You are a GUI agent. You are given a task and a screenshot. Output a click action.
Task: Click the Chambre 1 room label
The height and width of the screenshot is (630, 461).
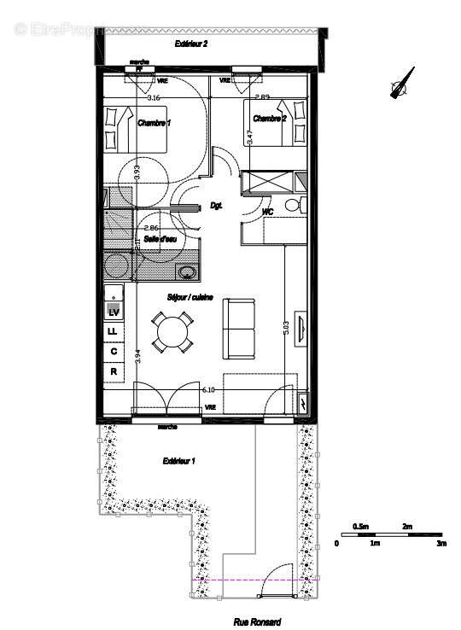[154, 123]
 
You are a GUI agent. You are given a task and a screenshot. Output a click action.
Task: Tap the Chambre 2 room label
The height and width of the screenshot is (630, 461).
[270, 119]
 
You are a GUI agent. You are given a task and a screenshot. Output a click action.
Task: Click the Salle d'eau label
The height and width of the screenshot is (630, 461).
[160, 239]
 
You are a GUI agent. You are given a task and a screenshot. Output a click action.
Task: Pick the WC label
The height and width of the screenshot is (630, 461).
[267, 210]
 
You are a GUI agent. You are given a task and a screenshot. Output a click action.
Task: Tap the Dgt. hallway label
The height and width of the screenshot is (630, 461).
[216, 206]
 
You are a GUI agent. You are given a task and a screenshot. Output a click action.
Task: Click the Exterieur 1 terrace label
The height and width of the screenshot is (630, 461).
[179, 461]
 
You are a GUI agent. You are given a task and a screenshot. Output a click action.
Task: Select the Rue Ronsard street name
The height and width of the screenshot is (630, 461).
[258, 623]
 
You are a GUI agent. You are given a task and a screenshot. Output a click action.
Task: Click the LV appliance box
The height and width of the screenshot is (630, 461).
[113, 312]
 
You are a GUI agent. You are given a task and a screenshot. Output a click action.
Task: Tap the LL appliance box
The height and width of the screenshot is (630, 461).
[113, 331]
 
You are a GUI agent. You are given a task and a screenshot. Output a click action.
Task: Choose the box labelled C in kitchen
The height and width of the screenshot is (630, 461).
[113, 351]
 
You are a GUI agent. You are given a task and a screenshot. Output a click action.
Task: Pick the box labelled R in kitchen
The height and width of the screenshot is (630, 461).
[113, 371]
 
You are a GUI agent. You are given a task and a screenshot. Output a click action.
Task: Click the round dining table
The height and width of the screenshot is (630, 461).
[172, 331]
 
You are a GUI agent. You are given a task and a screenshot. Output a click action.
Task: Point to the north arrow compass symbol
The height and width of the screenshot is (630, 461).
[400, 85]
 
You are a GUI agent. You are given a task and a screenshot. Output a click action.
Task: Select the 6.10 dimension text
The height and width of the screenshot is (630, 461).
[207, 389]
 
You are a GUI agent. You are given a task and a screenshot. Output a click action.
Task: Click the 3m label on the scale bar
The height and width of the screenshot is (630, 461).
[441, 543]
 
